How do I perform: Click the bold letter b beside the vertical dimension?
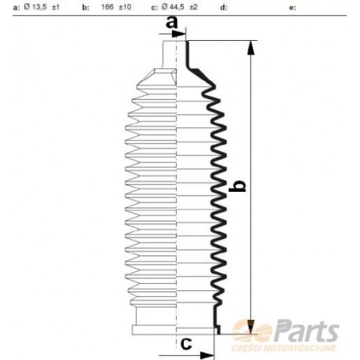click(241, 186)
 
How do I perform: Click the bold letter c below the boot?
click(186, 343)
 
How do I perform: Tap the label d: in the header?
click(224, 8)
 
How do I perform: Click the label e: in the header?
click(293, 8)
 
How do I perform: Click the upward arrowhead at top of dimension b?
click(251, 48)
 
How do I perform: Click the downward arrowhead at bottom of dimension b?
click(251, 324)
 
